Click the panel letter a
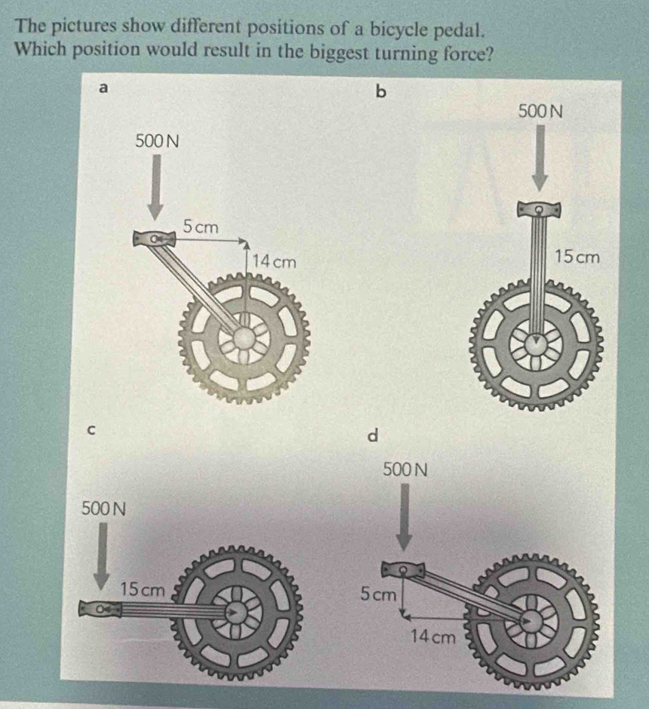105,88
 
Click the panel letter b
380,92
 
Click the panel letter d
371,436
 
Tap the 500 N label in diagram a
155,140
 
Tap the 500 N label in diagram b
541,111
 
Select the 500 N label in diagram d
405,470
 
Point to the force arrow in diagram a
155,186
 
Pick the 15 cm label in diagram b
577,257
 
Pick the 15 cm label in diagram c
143,589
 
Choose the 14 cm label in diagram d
433,637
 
